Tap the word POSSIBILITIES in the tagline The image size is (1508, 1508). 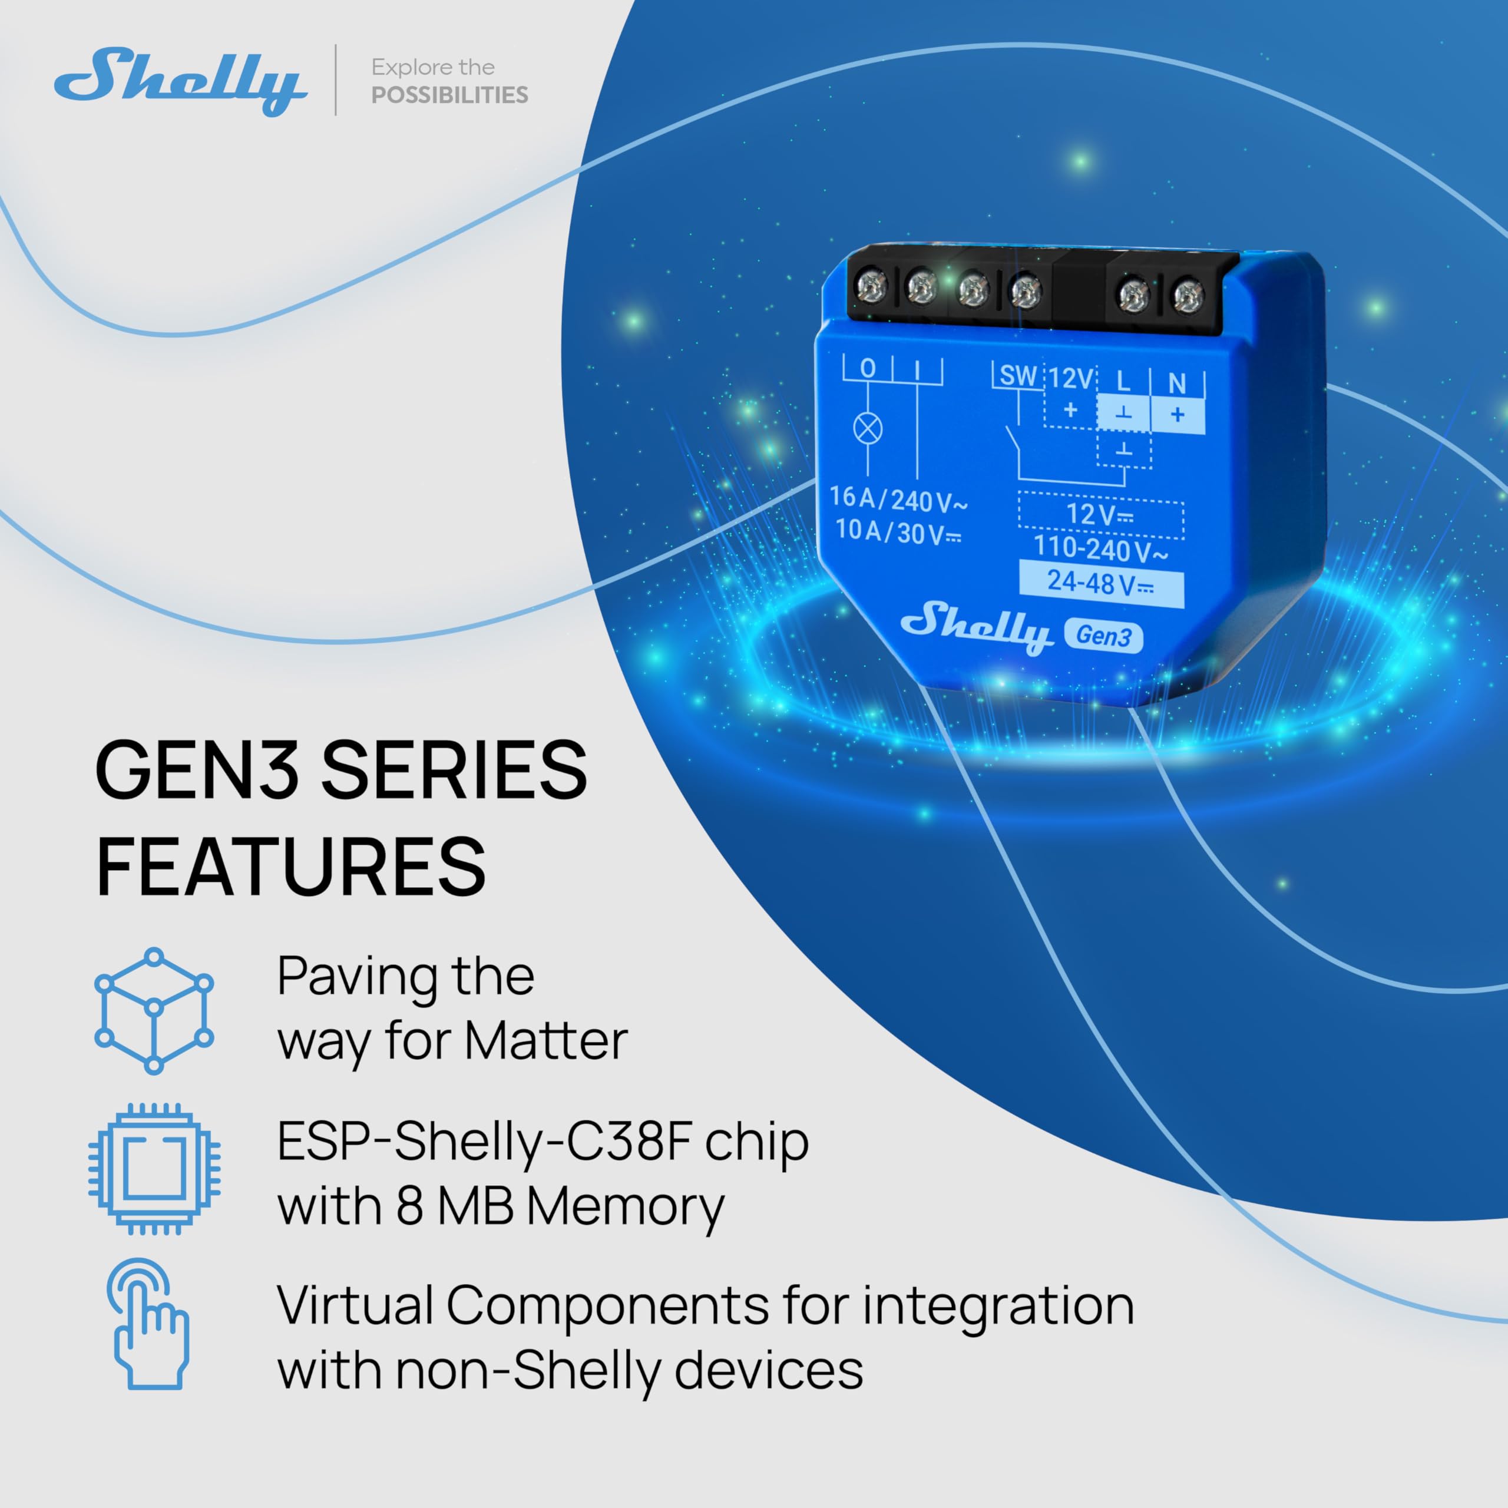(449, 95)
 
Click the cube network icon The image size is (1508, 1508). (154, 1011)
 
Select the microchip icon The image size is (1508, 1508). (154, 1169)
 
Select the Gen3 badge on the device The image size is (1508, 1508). (1103, 636)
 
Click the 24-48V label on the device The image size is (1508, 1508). (1100, 583)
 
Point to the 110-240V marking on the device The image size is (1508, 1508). (1100, 549)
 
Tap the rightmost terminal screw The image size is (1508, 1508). (1188, 296)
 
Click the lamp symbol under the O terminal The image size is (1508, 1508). (868, 428)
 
